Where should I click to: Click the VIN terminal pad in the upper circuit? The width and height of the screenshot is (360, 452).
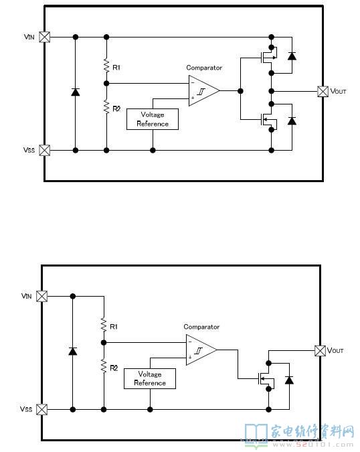[44, 37]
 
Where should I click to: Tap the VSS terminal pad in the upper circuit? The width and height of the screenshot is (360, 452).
[44, 150]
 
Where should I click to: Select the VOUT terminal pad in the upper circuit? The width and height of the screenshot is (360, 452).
[323, 91]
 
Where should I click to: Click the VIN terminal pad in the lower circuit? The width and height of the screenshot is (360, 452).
[41, 296]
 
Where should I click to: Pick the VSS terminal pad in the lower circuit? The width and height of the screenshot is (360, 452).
[41, 409]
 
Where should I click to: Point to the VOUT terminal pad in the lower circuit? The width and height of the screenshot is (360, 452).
[321, 351]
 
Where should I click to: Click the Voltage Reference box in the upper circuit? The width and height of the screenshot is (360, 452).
[153, 119]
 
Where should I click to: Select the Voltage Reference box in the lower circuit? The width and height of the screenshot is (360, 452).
[150, 378]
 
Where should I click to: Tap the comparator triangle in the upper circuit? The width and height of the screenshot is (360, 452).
[203, 91]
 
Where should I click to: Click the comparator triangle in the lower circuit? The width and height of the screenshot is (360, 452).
[201, 350]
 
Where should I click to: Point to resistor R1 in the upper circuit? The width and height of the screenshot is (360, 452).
[106, 66]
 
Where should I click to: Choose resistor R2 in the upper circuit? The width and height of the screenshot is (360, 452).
[106, 106]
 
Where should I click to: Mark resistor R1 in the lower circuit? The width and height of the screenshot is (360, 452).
[104, 325]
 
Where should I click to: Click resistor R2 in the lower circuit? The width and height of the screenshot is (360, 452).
[104, 366]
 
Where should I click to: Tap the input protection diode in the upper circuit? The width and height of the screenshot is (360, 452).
[76, 92]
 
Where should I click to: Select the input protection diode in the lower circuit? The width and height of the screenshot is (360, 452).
[73, 352]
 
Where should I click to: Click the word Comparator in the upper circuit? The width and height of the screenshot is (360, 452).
[204, 68]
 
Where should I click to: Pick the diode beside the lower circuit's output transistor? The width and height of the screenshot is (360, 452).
[289, 380]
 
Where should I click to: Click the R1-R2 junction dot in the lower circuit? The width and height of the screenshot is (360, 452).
[104, 342]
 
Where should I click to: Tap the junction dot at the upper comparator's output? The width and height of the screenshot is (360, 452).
[240, 91]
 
